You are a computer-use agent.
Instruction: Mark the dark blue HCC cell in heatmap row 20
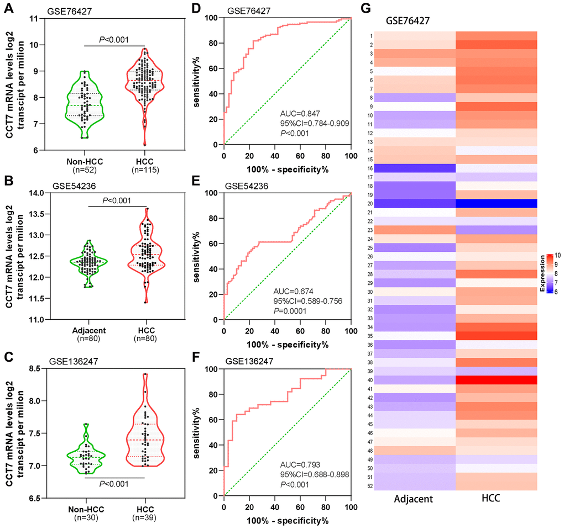497,203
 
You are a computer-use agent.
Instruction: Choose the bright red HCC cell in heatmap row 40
497,380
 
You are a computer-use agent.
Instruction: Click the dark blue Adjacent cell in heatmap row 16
415,168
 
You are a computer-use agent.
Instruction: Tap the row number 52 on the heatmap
370,485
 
